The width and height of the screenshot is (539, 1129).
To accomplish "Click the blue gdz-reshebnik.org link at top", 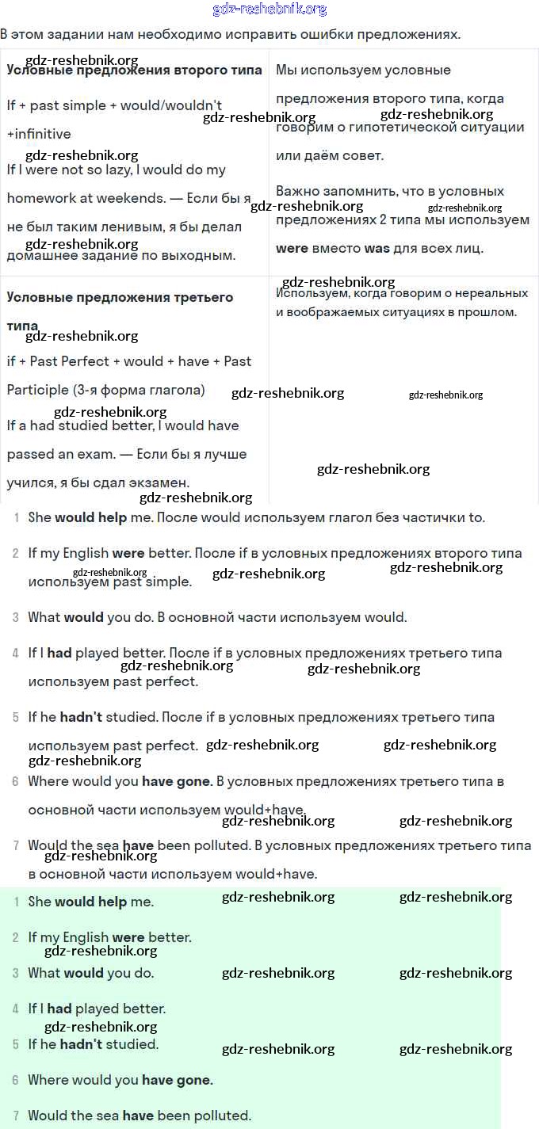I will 269,10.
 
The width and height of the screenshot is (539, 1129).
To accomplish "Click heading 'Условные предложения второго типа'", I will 134,70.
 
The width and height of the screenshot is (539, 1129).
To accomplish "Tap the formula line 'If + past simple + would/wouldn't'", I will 114,105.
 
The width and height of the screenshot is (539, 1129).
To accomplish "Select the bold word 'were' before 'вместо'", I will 292,248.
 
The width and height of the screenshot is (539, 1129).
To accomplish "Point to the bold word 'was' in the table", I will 377,248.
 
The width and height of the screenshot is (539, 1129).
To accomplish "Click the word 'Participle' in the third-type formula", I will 37,390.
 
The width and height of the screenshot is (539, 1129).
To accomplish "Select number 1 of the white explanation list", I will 17,517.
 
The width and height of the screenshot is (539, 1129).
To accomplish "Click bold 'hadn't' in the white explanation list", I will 81,717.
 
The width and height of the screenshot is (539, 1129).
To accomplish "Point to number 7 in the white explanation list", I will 16,845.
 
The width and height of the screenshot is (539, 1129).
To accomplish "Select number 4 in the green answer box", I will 16,1009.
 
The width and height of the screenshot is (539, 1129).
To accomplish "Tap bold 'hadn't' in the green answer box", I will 81,1044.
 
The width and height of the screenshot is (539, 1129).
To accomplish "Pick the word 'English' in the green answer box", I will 85,937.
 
